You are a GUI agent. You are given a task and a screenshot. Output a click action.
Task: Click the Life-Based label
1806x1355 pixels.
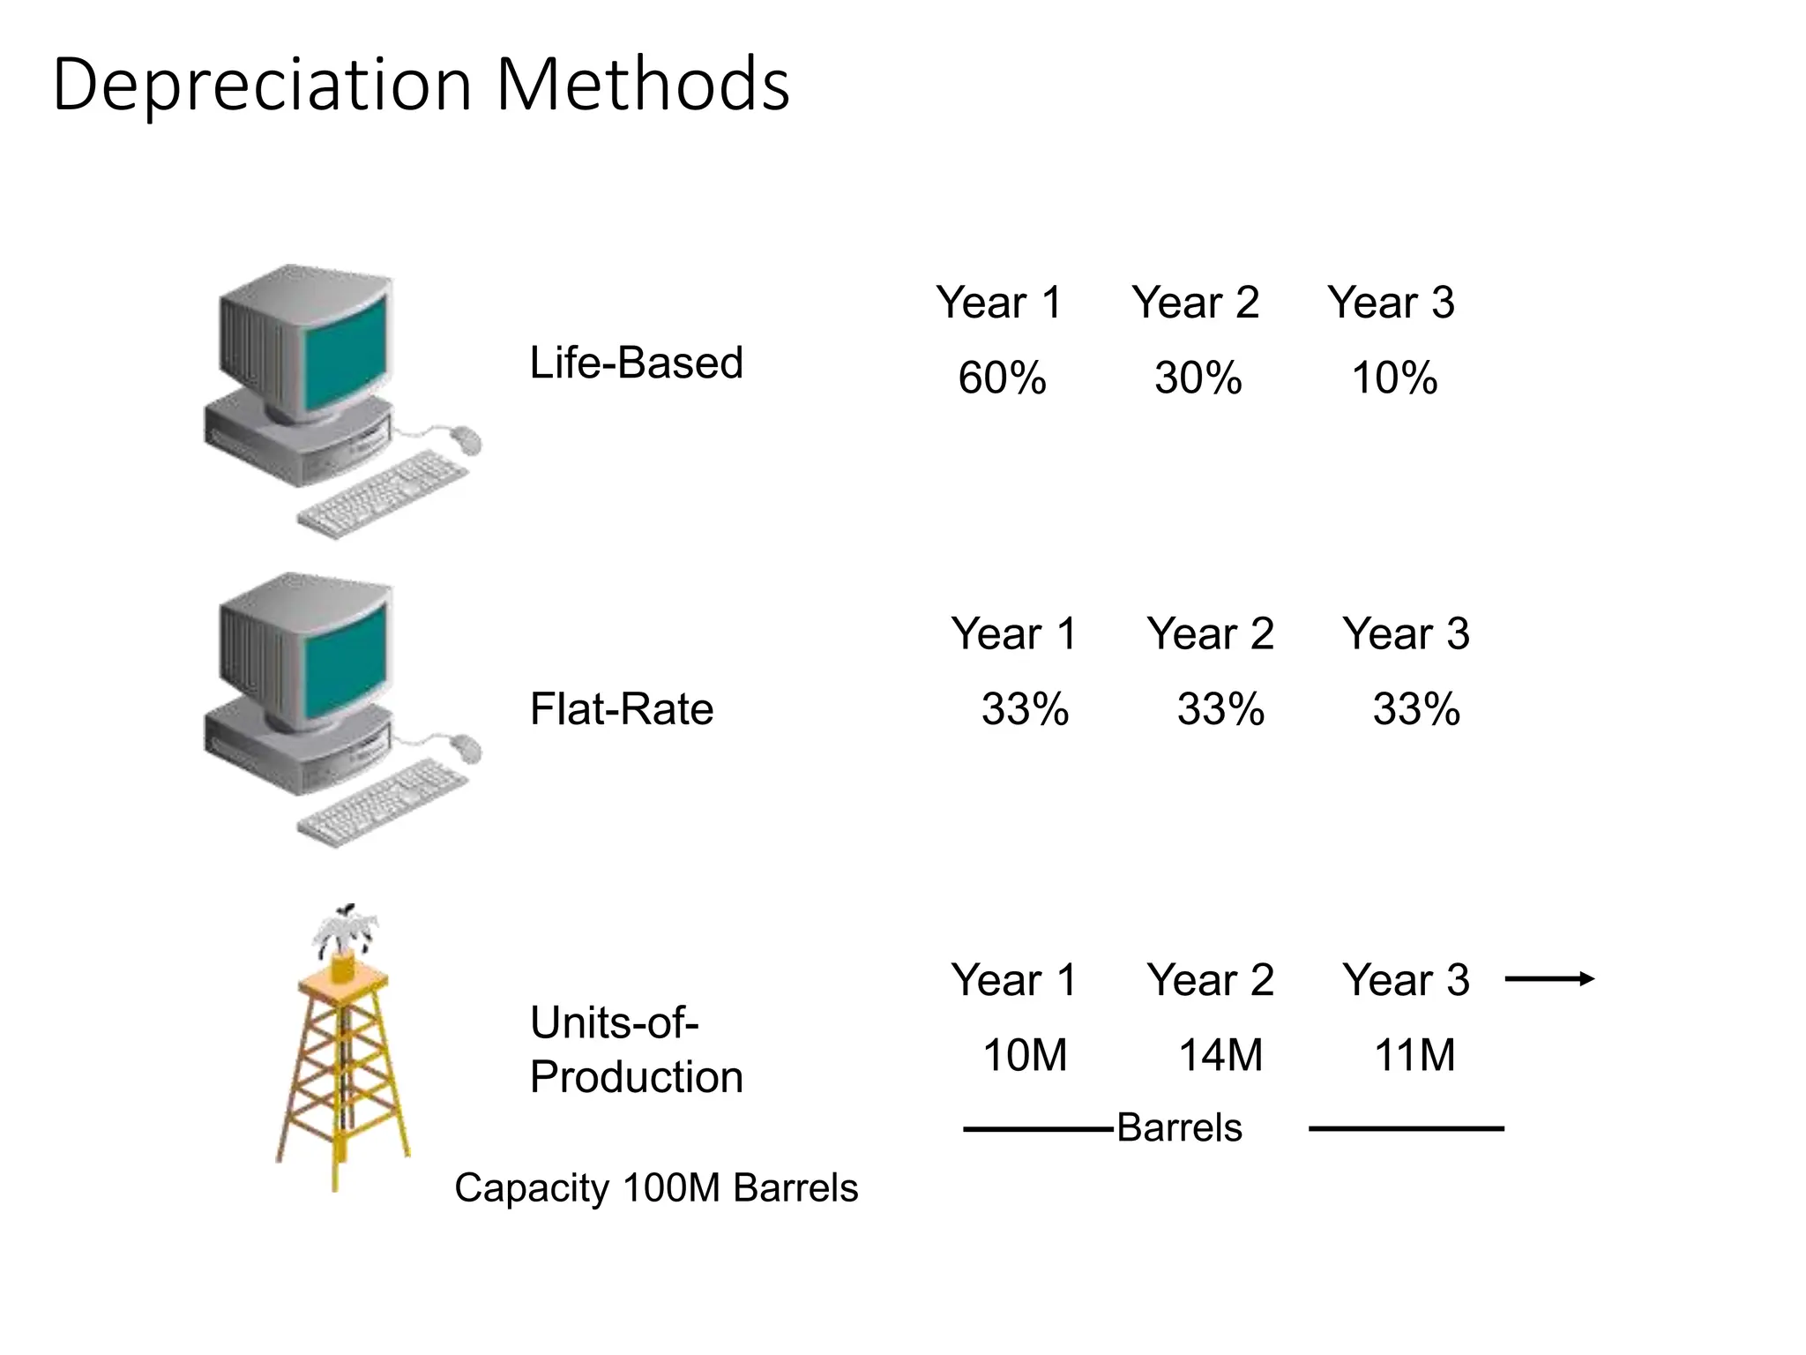coord(636,363)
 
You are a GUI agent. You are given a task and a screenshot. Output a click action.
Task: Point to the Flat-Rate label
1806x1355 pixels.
coord(621,708)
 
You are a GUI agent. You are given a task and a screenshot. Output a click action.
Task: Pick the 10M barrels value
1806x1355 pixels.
coord(1024,1055)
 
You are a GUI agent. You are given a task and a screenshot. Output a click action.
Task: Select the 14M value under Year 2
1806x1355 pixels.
coord(1220,1055)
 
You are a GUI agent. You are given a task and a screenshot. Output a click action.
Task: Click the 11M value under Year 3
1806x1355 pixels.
coord(1414,1055)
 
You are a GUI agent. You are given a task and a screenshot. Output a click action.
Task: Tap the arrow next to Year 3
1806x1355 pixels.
coord(1549,978)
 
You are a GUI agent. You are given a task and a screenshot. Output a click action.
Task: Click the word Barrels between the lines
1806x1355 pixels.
coord(1179,1127)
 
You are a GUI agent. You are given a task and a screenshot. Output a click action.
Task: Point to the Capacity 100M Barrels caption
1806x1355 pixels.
coord(656,1187)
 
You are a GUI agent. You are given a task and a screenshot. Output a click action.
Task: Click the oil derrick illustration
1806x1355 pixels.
coord(342,1059)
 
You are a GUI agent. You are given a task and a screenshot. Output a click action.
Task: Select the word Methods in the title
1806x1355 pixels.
coord(643,85)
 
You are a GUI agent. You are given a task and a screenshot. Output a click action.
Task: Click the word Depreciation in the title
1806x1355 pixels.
coord(263,85)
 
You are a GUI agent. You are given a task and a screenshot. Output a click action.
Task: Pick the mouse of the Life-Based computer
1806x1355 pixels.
coord(466,438)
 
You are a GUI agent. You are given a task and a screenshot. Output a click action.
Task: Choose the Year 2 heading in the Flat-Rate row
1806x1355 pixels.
coord(1210,633)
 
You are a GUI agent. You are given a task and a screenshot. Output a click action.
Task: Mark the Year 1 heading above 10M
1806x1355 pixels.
coord(1014,979)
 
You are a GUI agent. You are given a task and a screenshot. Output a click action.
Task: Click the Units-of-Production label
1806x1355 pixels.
coord(636,1050)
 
